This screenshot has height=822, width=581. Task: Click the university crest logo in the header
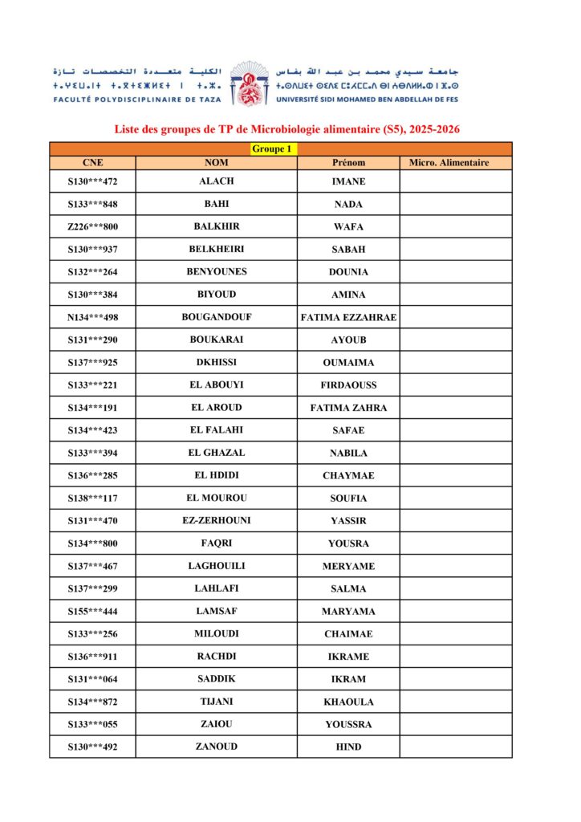click(249, 83)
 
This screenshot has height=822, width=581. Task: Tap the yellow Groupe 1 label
click(272, 149)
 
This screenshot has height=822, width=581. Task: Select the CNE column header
click(92, 163)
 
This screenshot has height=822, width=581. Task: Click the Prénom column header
click(348, 163)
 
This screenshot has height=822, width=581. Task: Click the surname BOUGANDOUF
click(217, 317)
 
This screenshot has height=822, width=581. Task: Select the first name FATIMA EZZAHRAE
click(348, 317)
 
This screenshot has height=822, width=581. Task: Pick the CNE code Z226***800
click(93, 226)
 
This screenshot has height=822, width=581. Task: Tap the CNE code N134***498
click(93, 317)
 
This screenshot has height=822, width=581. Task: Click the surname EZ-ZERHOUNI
click(217, 520)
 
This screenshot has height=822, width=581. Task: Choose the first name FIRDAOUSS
click(348, 385)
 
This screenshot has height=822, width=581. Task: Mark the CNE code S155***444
click(93, 611)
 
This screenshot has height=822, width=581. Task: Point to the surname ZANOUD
click(217, 747)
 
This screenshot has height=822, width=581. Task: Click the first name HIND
click(348, 747)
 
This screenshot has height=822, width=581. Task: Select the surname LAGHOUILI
click(217, 566)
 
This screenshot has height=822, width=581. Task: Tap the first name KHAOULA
click(348, 702)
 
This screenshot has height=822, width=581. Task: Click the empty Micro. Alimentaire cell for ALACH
click(455, 181)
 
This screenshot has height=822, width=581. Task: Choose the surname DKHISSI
click(217, 362)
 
